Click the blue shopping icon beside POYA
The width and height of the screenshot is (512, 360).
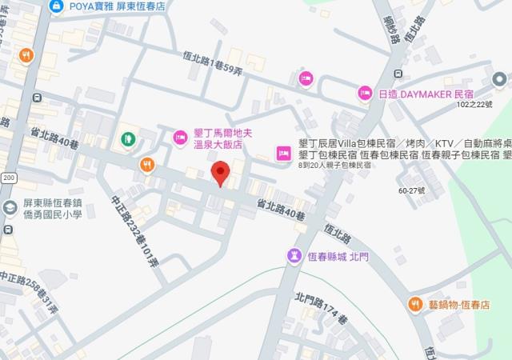56,6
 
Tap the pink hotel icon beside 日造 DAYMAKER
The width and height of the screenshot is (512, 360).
365,94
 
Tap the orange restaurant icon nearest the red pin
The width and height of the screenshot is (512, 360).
146,165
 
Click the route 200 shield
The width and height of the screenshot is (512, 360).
9,177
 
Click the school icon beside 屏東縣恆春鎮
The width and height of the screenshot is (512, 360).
9,208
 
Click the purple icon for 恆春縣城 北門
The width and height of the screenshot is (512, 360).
294,255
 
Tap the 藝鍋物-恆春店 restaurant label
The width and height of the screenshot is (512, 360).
458,304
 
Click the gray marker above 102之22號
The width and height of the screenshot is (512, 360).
501,80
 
